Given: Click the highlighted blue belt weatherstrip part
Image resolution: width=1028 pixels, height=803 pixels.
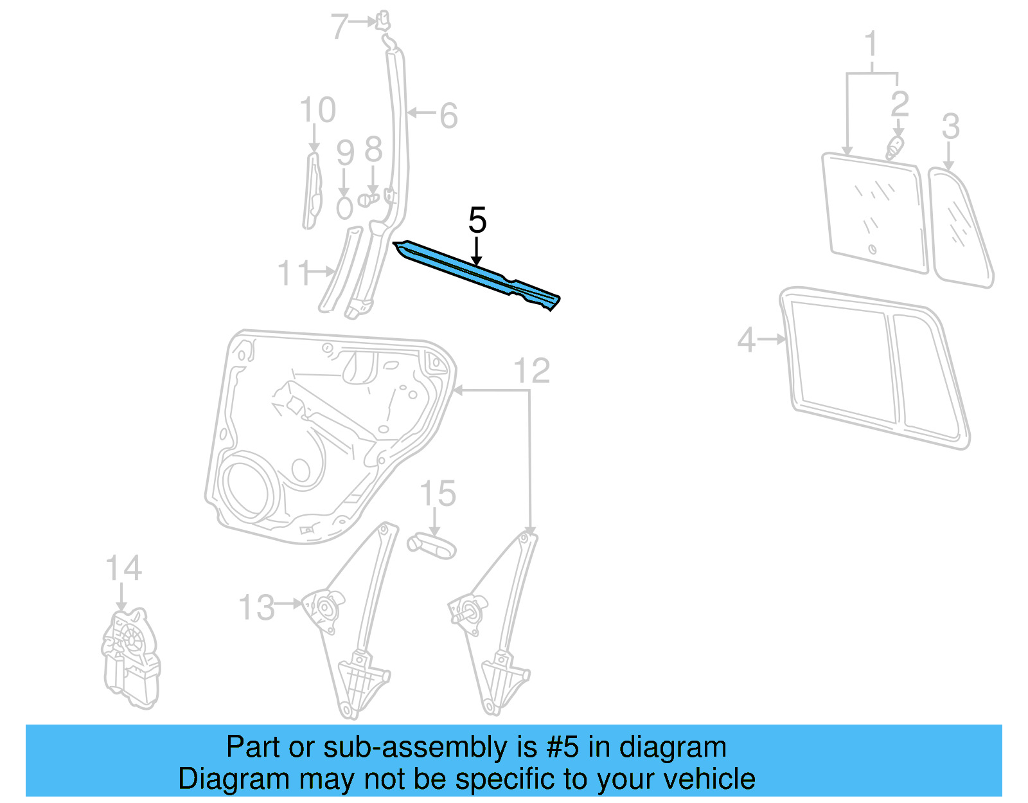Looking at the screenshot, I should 475,273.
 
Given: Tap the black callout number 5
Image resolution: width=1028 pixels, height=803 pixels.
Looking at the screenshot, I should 477,221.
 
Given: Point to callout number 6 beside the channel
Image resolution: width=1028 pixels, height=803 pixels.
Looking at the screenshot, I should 448,116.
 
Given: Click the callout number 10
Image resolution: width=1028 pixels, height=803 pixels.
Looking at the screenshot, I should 317,110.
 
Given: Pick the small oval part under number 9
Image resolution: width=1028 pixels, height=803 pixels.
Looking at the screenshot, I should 345,208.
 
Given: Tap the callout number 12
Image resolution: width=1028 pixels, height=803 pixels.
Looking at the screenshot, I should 532,371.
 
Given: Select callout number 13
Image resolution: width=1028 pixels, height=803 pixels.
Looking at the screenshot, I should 256,607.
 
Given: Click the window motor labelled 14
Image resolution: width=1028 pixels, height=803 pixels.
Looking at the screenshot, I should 130,659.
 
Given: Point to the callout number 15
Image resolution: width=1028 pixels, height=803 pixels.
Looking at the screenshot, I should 438,494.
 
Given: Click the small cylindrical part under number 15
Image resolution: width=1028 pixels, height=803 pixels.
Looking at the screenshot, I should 432,546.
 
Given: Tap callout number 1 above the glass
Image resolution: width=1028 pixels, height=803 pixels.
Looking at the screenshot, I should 871,44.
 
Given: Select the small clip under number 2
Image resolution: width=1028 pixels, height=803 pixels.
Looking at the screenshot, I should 894,148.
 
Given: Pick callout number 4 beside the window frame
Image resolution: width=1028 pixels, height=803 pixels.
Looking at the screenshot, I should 747,339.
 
